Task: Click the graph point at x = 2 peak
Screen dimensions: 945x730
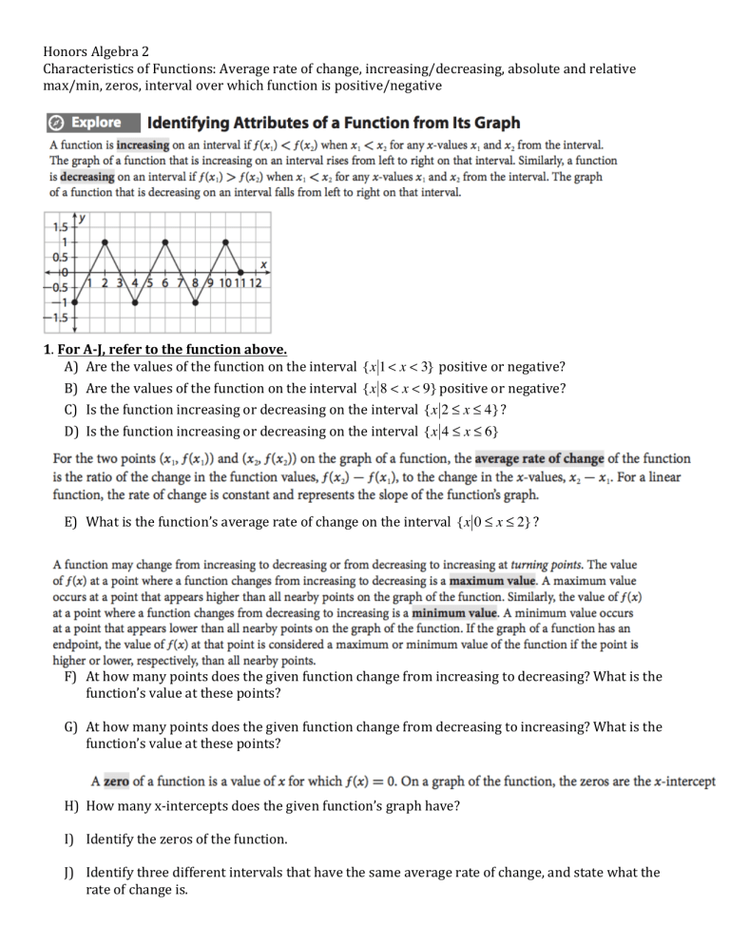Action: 105,242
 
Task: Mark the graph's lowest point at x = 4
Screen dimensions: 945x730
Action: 135,303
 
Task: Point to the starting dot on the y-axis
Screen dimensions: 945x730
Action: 75,303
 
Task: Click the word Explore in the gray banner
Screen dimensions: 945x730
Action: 96,123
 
